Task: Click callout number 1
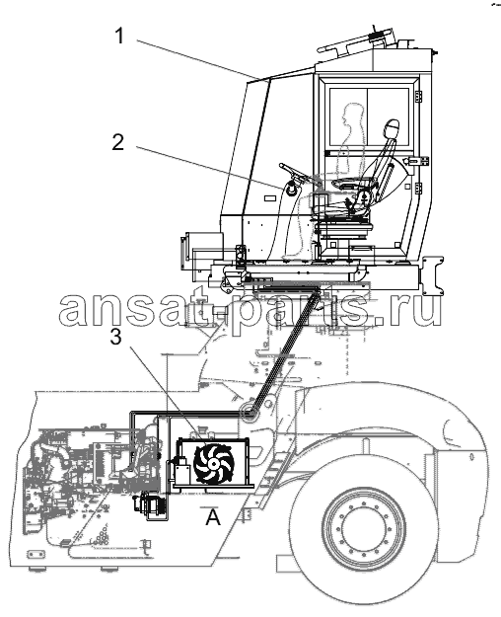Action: point(119,37)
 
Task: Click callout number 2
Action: point(117,142)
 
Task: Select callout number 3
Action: point(114,337)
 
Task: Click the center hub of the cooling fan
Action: point(213,464)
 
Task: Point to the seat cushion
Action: point(349,184)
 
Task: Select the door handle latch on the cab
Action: point(417,161)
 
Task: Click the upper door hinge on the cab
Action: point(419,97)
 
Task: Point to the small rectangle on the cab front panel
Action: point(270,197)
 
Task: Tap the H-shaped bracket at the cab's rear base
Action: point(433,275)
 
